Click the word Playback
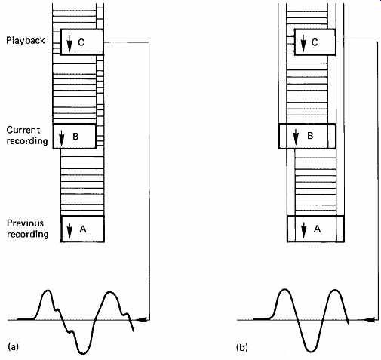[26, 41]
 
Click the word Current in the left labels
[23, 130]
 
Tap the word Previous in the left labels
[25, 223]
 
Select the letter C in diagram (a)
[81, 42]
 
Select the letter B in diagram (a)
[75, 136]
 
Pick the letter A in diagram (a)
[83, 229]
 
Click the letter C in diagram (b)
[315, 42]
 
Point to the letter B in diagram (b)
[310, 136]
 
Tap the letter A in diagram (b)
[318, 229]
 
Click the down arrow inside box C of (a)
[69, 44]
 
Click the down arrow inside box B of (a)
[62, 138]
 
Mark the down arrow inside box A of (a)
[69, 231]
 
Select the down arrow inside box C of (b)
[303, 43]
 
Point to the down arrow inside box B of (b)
[296, 137]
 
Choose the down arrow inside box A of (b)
[304, 230]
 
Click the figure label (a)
[14, 346]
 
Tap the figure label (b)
[242, 347]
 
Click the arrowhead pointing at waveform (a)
[141, 320]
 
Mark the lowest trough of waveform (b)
[311, 351]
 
